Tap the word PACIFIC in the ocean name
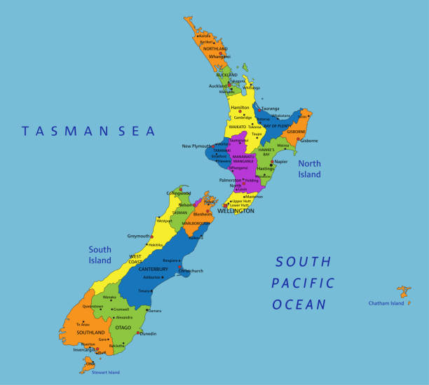[303, 283]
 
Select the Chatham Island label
[386, 303]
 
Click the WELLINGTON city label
[236, 211]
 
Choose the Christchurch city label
[191, 270]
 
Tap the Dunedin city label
[148, 334]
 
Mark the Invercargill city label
[84, 350]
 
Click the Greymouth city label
[139, 236]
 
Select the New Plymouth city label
[196, 146]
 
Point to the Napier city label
[281, 162]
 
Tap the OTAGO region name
[123, 327]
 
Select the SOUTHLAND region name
[91, 332]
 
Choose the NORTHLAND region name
[215, 49]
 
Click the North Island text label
[309, 169]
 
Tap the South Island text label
[100, 255]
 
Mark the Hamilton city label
[240, 108]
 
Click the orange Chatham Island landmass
[404, 290]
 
